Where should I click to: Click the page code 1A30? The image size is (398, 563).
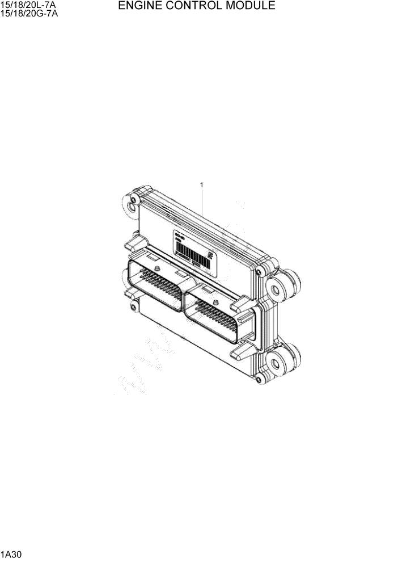(10, 554)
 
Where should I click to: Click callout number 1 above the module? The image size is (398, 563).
(202, 184)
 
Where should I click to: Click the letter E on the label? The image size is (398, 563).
(210, 256)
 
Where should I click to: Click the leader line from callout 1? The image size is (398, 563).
(202, 201)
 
